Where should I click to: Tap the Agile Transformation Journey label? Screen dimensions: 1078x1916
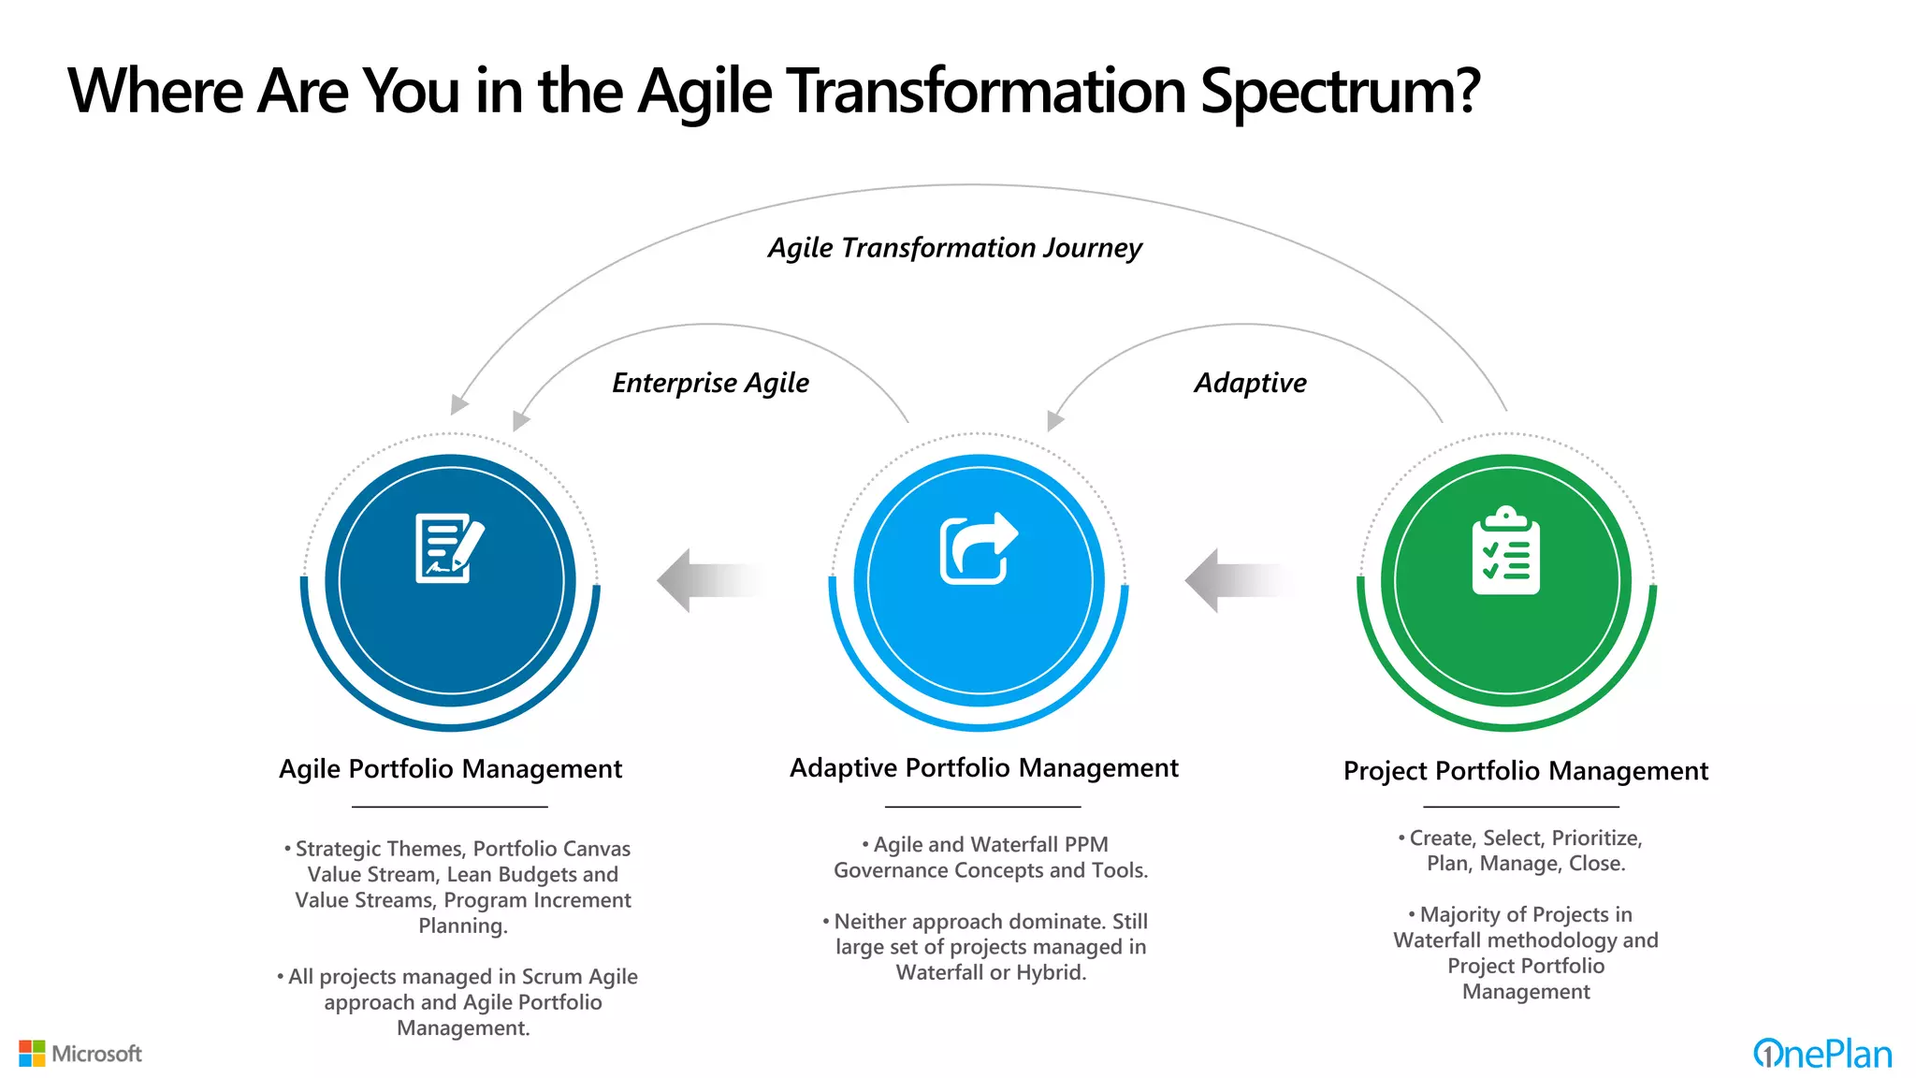click(954, 248)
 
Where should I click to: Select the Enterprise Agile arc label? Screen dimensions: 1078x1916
click(710, 383)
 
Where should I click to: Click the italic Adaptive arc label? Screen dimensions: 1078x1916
click(1250, 383)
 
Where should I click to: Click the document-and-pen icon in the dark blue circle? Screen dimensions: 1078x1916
click(450, 548)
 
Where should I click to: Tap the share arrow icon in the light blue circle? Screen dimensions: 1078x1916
click(978, 548)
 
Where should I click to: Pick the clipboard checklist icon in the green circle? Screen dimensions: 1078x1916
click(1505, 551)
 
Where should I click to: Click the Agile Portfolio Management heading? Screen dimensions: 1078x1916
click(450, 769)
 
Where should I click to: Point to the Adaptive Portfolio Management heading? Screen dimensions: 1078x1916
click(983, 768)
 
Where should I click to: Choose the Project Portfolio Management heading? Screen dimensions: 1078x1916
click(1525, 771)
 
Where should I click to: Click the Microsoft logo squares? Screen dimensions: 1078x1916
click(32, 1054)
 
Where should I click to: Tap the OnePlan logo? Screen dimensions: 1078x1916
click(1822, 1055)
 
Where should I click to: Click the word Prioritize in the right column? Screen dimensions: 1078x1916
click(1596, 838)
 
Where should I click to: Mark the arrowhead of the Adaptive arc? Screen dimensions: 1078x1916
click(1054, 421)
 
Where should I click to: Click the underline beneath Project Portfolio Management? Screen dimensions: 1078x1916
click(1520, 807)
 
